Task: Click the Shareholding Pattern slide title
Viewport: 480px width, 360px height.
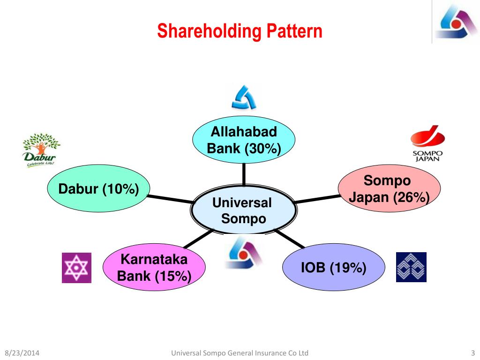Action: (x=240, y=31)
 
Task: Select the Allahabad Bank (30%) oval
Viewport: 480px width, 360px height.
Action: (x=244, y=140)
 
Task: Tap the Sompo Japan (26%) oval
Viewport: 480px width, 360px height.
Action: (x=389, y=188)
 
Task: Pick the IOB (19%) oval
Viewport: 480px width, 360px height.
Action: (x=333, y=268)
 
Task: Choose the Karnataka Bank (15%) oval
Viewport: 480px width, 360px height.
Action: (x=154, y=268)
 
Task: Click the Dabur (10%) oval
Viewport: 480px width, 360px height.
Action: (x=98, y=189)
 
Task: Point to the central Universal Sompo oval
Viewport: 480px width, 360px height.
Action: (x=243, y=211)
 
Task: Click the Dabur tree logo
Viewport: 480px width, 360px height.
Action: (x=40, y=150)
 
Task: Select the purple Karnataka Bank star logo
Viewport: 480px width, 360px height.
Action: (x=76, y=268)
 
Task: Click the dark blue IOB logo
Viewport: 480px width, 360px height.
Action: (x=411, y=267)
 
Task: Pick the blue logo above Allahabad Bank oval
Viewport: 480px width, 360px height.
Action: (x=244, y=97)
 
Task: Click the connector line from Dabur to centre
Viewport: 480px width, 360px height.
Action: (x=171, y=198)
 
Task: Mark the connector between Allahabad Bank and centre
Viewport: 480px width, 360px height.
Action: (x=244, y=174)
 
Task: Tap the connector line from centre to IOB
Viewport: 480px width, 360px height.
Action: (x=291, y=239)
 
